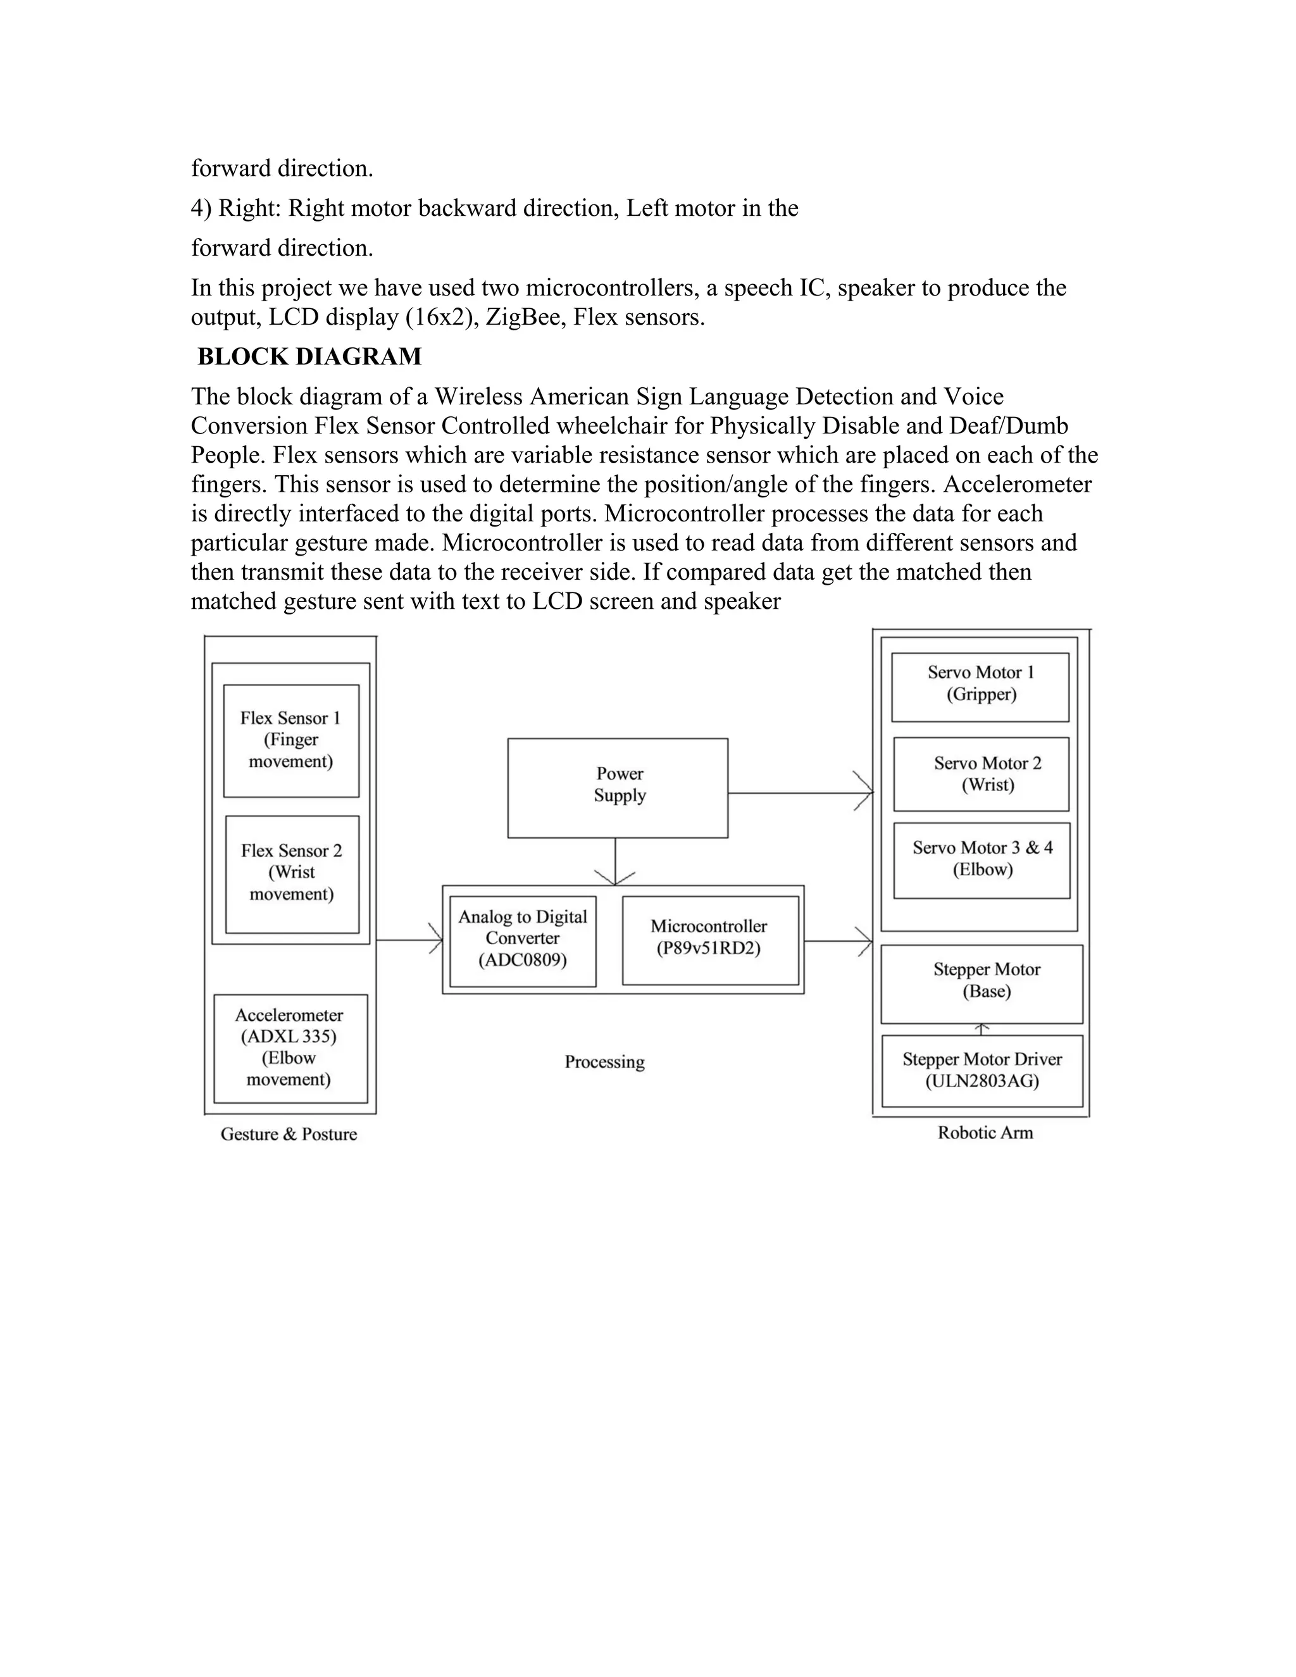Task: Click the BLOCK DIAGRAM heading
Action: [309, 356]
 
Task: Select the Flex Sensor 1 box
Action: [291, 740]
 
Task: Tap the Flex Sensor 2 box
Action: [292, 873]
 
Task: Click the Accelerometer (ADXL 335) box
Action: [290, 1048]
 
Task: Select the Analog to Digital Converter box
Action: [523, 940]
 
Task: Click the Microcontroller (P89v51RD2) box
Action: [709, 940]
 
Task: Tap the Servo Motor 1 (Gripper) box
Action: [980, 687]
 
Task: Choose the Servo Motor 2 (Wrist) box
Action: [982, 774]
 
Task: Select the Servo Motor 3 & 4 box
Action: [982, 860]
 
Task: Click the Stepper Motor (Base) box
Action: [982, 983]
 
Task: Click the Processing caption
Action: [605, 1062]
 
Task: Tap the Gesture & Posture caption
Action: [289, 1134]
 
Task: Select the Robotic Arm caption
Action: [985, 1133]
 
